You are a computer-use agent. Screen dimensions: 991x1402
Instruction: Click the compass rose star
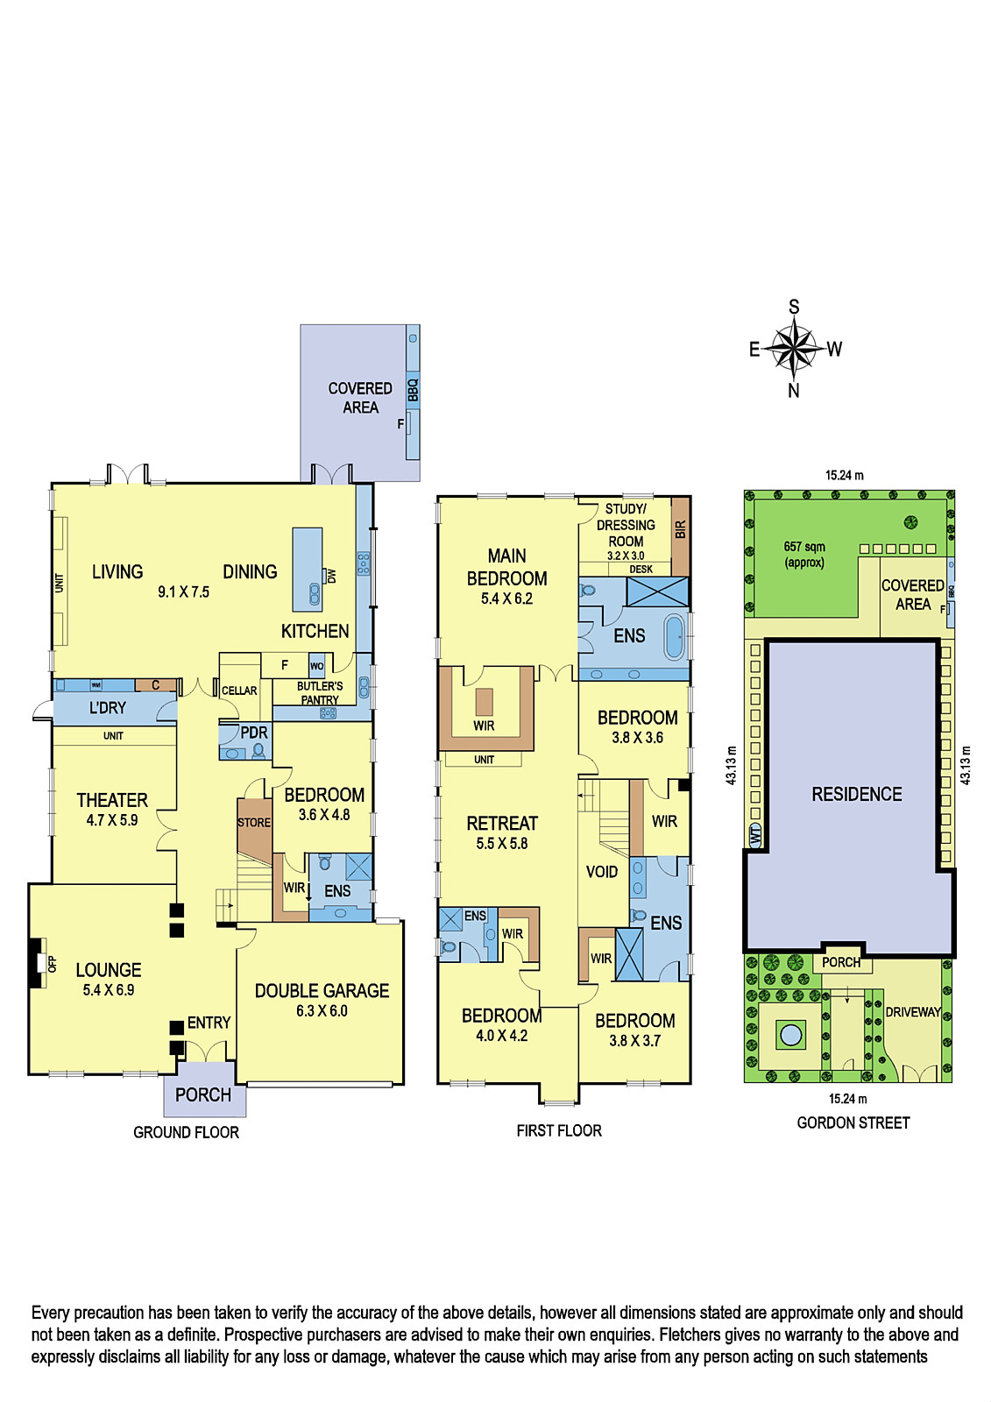tap(794, 348)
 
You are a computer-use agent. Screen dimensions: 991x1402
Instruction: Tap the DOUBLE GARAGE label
tap(322, 990)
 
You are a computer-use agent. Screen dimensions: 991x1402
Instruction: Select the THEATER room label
tap(112, 800)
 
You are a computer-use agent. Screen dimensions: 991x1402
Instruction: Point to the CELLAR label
tap(239, 690)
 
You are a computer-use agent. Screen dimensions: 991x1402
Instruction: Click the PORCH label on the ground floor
tap(203, 1094)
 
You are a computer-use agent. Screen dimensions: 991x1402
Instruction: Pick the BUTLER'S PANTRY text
tap(320, 693)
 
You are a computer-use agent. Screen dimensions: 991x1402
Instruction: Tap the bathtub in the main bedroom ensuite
tap(674, 636)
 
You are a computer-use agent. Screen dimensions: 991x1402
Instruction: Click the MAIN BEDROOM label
tap(507, 567)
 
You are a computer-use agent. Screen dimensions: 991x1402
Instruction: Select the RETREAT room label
tap(502, 823)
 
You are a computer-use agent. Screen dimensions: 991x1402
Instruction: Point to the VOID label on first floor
tap(602, 871)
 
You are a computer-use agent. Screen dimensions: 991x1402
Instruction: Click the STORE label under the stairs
tap(254, 823)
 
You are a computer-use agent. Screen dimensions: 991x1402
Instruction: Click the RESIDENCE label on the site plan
tap(857, 794)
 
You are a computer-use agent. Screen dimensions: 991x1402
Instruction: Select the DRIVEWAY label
tap(913, 1012)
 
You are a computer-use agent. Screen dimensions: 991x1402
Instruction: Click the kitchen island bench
tap(308, 570)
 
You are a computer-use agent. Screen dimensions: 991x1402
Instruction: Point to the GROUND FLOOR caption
tap(186, 1132)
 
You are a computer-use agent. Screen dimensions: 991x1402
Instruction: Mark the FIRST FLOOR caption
tap(559, 1130)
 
